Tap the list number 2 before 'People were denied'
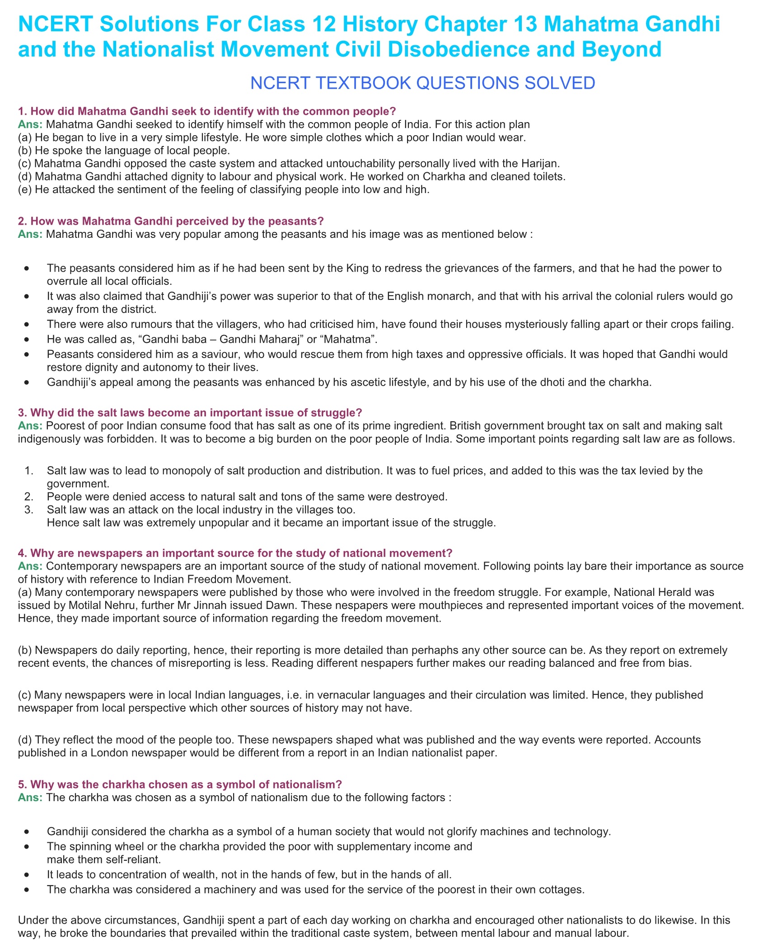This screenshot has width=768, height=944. coord(29,497)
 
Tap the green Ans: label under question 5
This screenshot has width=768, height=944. coord(30,798)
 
